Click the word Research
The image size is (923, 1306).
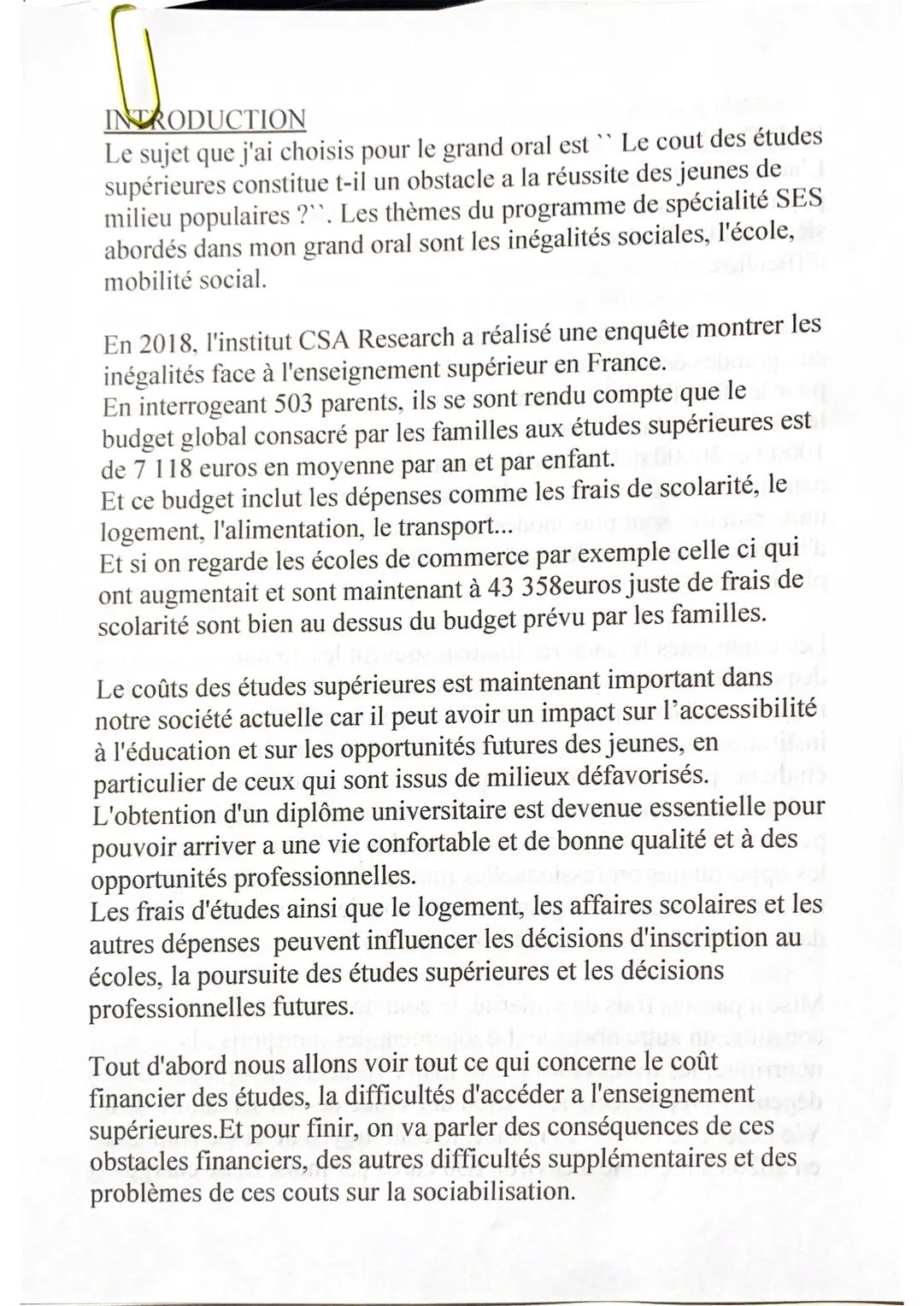[406, 337]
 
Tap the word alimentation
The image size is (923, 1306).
[287, 529]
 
